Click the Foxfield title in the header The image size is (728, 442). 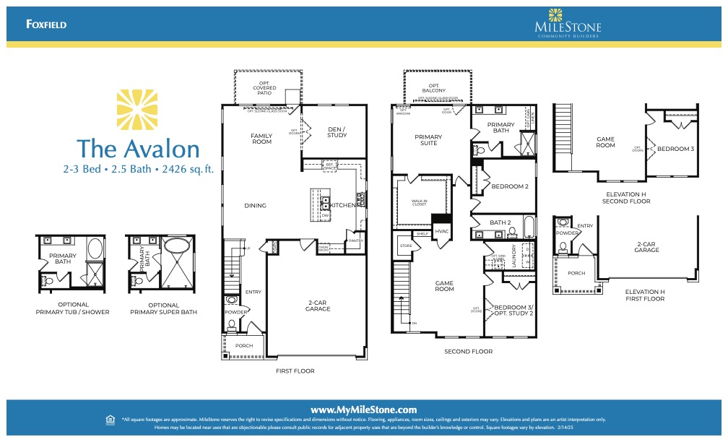pos(46,24)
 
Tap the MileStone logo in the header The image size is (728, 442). pos(568,24)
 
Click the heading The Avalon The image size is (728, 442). pos(138,148)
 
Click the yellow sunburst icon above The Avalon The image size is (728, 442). pos(137,108)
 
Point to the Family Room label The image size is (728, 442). pos(261,139)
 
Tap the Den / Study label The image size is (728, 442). pos(337,132)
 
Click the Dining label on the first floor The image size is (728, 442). pos(255,206)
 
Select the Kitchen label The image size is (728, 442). pos(342,206)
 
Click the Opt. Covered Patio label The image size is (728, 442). pos(264,88)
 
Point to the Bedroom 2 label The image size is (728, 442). pos(510,187)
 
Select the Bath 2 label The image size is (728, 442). pos(500,222)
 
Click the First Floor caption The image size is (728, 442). pos(295,370)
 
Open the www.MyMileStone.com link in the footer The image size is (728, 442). pos(363,409)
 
